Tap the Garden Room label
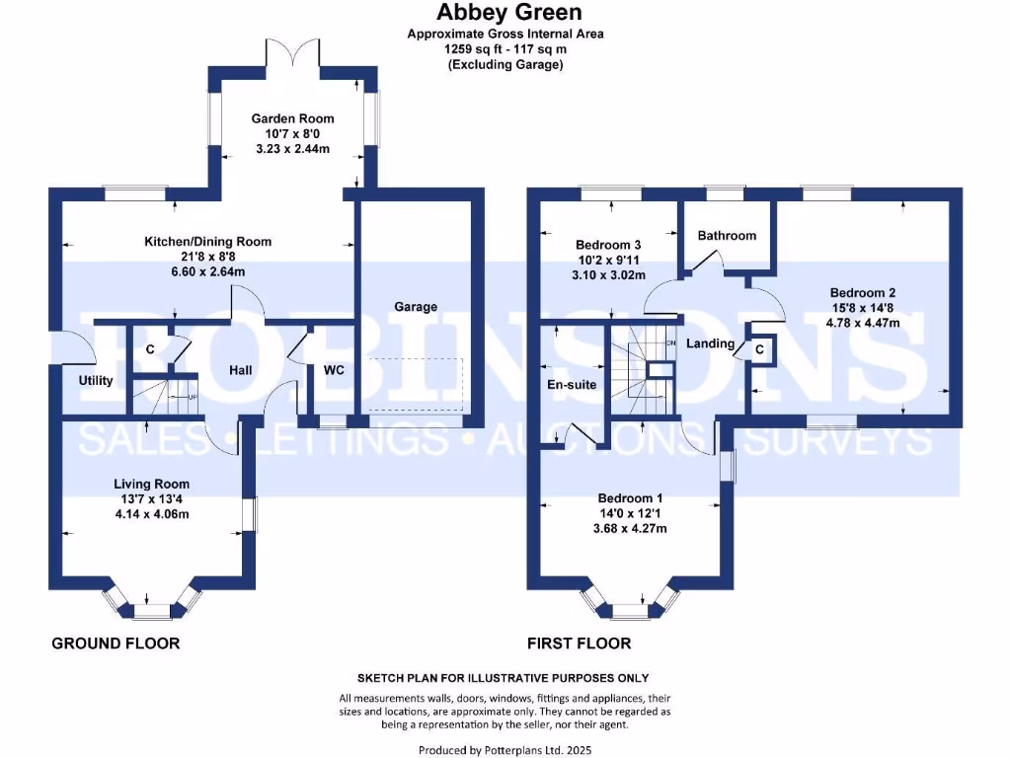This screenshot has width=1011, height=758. pyautogui.click(x=289, y=118)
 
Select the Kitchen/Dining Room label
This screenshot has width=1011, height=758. pyautogui.click(x=207, y=242)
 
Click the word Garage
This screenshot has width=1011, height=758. pyautogui.click(x=416, y=307)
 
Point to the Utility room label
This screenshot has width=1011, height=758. pyautogui.click(x=96, y=381)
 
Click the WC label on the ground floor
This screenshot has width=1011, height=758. pyautogui.click(x=334, y=371)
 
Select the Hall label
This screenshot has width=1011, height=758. pyautogui.click(x=240, y=370)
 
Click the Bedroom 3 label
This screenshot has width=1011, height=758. pyautogui.click(x=608, y=245)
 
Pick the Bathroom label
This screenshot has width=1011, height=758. pyautogui.click(x=727, y=236)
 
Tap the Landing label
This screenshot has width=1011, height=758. pyautogui.click(x=711, y=343)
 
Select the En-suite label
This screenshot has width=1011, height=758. pyautogui.click(x=573, y=385)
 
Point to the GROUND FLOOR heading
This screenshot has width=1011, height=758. pyautogui.click(x=116, y=644)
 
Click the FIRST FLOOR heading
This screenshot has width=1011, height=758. pyautogui.click(x=579, y=644)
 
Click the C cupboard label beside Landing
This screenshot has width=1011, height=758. pyautogui.click(x=759, y=349)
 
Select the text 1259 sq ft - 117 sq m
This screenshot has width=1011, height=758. pyautogui.click(x=505, y=48)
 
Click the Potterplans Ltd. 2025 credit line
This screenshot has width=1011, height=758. pyautogui.click(x=505, y=750)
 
